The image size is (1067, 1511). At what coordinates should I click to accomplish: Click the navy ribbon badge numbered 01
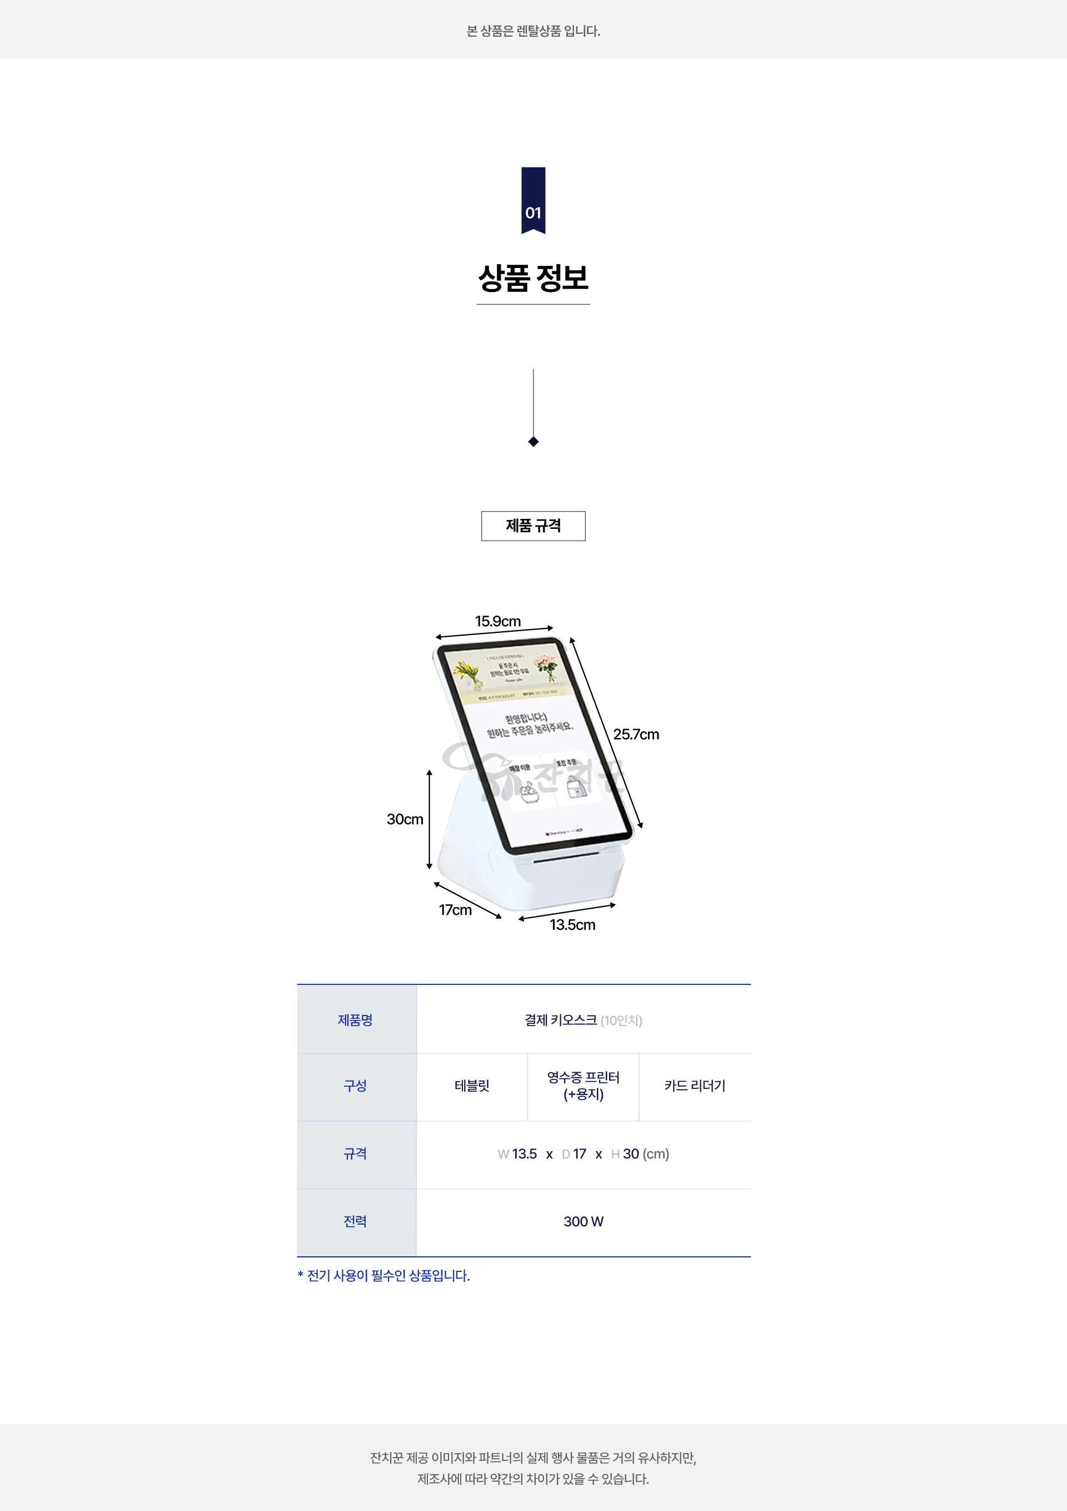pos(533,200)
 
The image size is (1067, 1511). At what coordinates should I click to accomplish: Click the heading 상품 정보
pos(533,278)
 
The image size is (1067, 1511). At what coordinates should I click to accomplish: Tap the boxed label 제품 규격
pos(533,526)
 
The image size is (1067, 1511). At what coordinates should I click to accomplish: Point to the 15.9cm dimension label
pos(498,621)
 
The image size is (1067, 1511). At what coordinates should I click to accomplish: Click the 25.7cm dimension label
pos(636,735)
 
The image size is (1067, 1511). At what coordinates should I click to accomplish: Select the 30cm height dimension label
pos(405,819)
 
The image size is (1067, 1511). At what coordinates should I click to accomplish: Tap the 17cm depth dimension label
pos(455,910)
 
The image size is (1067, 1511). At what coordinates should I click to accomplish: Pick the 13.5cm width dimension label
pos(572,925)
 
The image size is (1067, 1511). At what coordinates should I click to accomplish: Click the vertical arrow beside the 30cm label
pos(430,819)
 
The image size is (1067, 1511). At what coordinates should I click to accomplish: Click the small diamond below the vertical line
pos(533,442)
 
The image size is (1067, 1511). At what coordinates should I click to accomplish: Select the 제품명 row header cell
pos(356,1020)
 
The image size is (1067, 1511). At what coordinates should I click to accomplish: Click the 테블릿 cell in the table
pos(472,1086)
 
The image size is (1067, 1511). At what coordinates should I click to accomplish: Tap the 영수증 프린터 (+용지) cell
pos(584,1086)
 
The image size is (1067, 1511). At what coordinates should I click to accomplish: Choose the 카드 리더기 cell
pos(695,1086)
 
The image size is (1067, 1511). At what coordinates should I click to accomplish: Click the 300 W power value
pos(584,1221)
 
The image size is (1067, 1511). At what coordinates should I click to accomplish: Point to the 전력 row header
pos(356,1221)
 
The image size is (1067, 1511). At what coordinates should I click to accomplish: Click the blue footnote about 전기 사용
pos(384,1275)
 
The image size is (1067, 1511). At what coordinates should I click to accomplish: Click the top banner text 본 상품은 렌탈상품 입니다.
pos(533,31)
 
